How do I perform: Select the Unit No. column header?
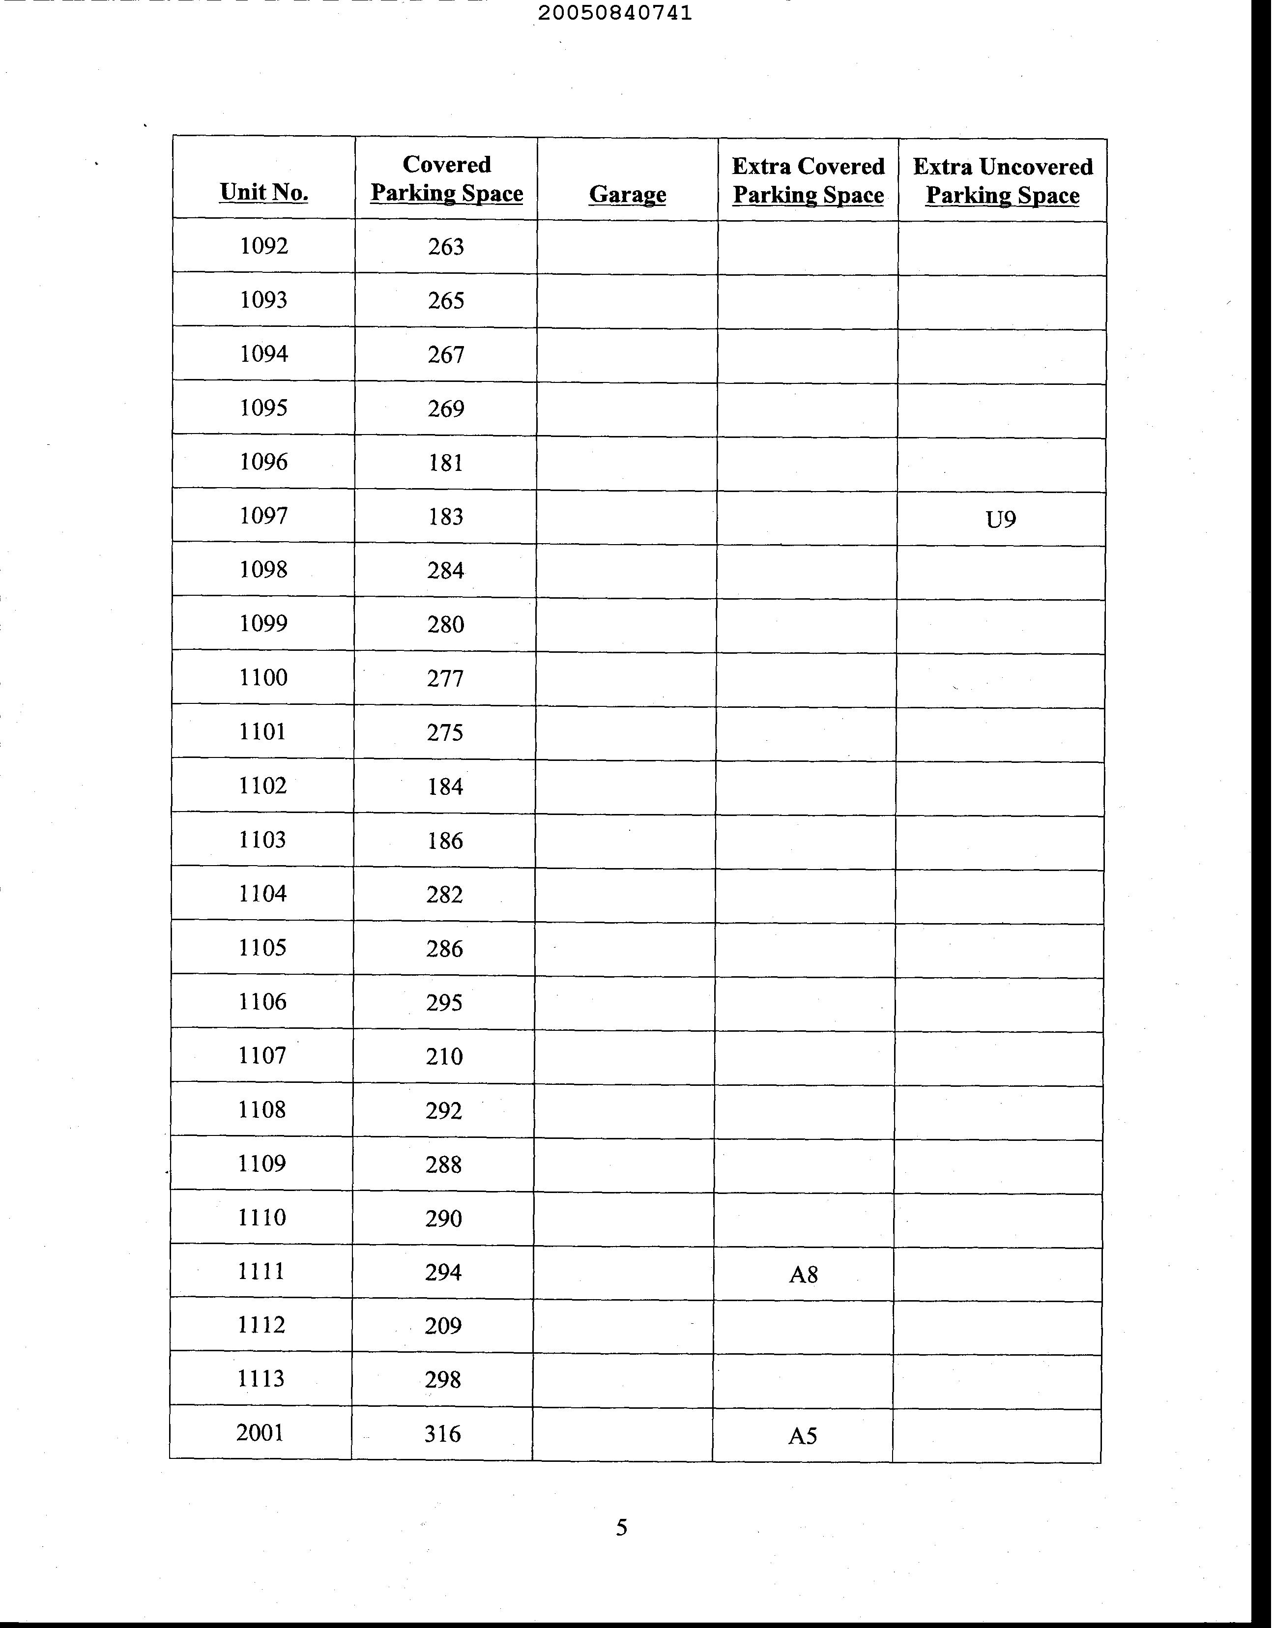[x=264, y=192]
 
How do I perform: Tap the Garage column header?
[x=627, y=194]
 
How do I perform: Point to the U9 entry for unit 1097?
[x=1001, y=519]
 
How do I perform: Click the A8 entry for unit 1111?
[x=803, y=1275]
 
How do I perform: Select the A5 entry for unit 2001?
[x=803, y=1436]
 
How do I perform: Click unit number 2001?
[x=261, y=1432]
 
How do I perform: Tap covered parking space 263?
[x=446, y=246]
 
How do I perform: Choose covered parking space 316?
[x=442, y=1433]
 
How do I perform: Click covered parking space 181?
[x=446, y=463]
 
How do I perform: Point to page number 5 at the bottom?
[x=621, y=1528]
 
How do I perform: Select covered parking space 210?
[x=444, y=1056]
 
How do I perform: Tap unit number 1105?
[x=262, y=947]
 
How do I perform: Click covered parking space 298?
[x=443, y=1380]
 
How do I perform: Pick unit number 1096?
[x=264, y=462]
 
